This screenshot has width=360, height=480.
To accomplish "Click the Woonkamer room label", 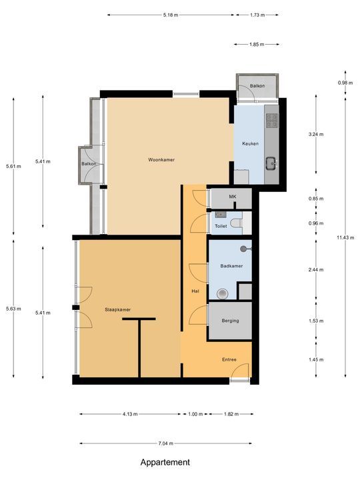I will (161, 160).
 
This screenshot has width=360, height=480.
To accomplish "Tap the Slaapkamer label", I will (117, 309).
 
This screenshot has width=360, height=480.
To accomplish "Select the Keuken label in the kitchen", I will (250, 143).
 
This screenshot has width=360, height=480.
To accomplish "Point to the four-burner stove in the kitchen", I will (272, 120).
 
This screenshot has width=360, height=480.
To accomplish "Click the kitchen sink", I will (272, 162).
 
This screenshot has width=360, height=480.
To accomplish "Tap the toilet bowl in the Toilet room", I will (221, 215).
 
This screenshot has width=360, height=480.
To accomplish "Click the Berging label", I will (230, 321).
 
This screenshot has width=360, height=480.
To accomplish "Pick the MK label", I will (233, 197).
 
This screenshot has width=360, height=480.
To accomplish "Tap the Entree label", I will (229, 360).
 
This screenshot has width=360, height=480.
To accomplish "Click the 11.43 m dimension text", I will (345, 238).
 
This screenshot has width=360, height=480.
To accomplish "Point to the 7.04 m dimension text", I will (164, 443).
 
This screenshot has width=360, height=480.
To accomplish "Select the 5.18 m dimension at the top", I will (171, 14).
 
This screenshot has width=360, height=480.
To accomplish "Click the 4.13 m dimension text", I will (130, 414).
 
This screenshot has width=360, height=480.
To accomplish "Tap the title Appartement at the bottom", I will (165, 462).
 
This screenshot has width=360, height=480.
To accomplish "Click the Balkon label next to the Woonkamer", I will (89, 164).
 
